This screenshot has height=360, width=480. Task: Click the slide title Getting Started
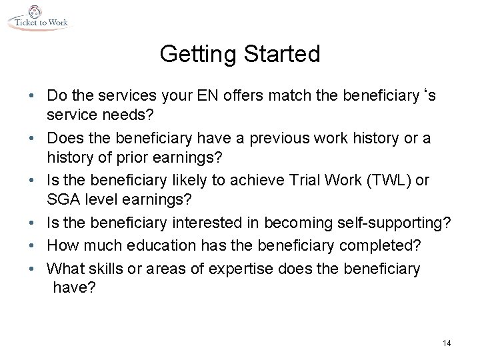[x=240, y=54]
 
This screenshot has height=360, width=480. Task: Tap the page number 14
[x=446, y=343]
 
